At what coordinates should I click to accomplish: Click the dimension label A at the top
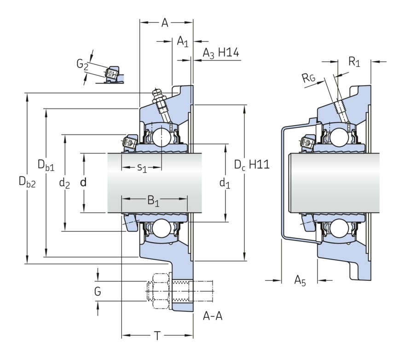click(165, 23)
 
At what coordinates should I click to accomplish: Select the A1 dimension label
click(183, 42)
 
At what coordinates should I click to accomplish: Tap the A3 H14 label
click(220, 53)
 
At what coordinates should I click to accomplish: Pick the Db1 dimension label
click(46, 166)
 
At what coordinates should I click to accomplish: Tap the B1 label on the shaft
click(153, 201)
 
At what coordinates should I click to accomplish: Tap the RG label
click(309, 79)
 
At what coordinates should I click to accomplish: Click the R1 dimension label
click(354, 62)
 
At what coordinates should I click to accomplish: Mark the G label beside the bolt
click(98, 291)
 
